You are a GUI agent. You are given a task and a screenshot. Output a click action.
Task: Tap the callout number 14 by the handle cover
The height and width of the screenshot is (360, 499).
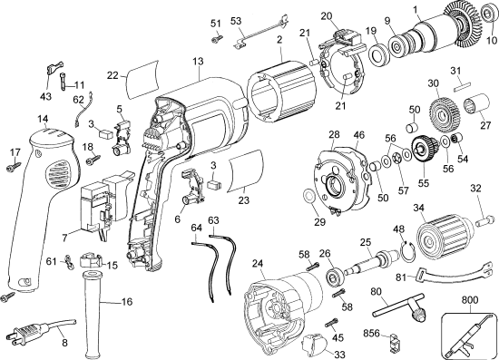click(43, 120)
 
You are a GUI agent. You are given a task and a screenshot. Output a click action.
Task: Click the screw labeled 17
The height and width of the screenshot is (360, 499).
click(13, 167)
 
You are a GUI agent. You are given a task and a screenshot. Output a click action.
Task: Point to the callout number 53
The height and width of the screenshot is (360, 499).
click(236, 20)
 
